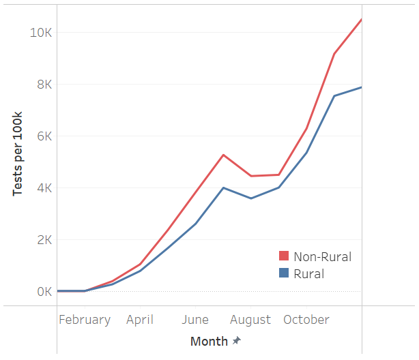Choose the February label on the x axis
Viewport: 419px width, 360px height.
pos(85,320)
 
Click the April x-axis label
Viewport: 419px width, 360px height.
pos(140,320)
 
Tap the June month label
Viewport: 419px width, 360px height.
pos(195,320)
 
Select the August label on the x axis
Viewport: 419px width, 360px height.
pos(250,320)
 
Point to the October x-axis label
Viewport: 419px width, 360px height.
pos(306,320)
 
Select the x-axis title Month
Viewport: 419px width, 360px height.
pos(209,342)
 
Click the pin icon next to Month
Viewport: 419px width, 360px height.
pos(237,341)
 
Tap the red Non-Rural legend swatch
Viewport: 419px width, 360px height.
pos(284,257)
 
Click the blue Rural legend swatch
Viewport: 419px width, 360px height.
pos(284,274)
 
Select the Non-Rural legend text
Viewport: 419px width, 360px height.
pos(322,257)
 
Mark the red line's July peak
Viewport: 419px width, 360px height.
pos(224,155)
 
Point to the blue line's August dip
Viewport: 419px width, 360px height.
pos(251,198)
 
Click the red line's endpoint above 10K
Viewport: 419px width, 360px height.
pos(361,20)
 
